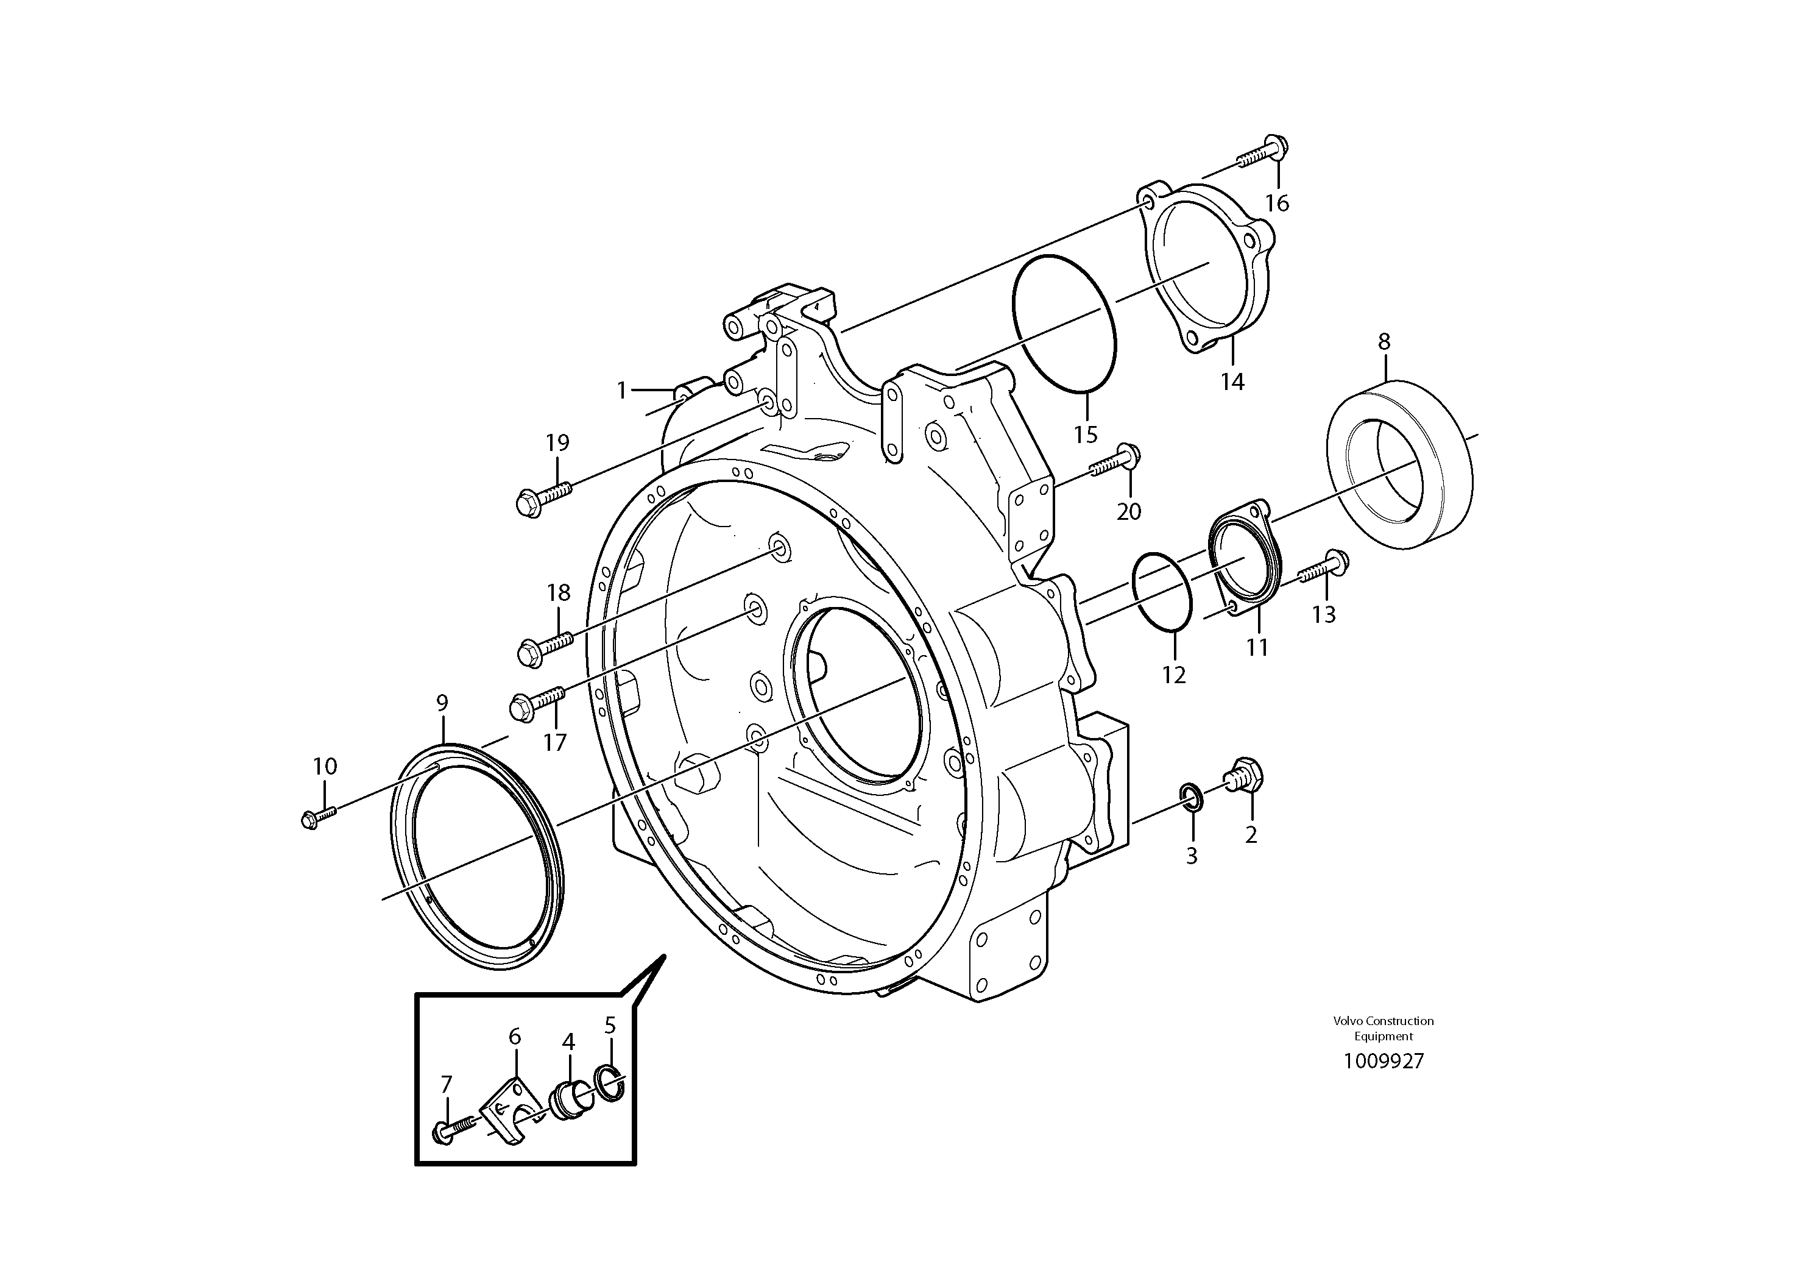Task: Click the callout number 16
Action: click(x=1277, y=203)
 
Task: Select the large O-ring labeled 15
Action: click(x=1063, y=322)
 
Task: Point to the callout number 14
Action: click(x=1232, y=381)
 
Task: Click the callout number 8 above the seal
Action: click(x=1384, y=341)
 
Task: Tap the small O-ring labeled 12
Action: click(x=1162, y=592)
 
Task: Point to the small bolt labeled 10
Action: click(x=317, y=816)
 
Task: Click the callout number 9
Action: click(x=442, y=702)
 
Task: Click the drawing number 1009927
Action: click(x=1384, y=1060)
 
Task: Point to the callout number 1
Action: click(x=621, y=390)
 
